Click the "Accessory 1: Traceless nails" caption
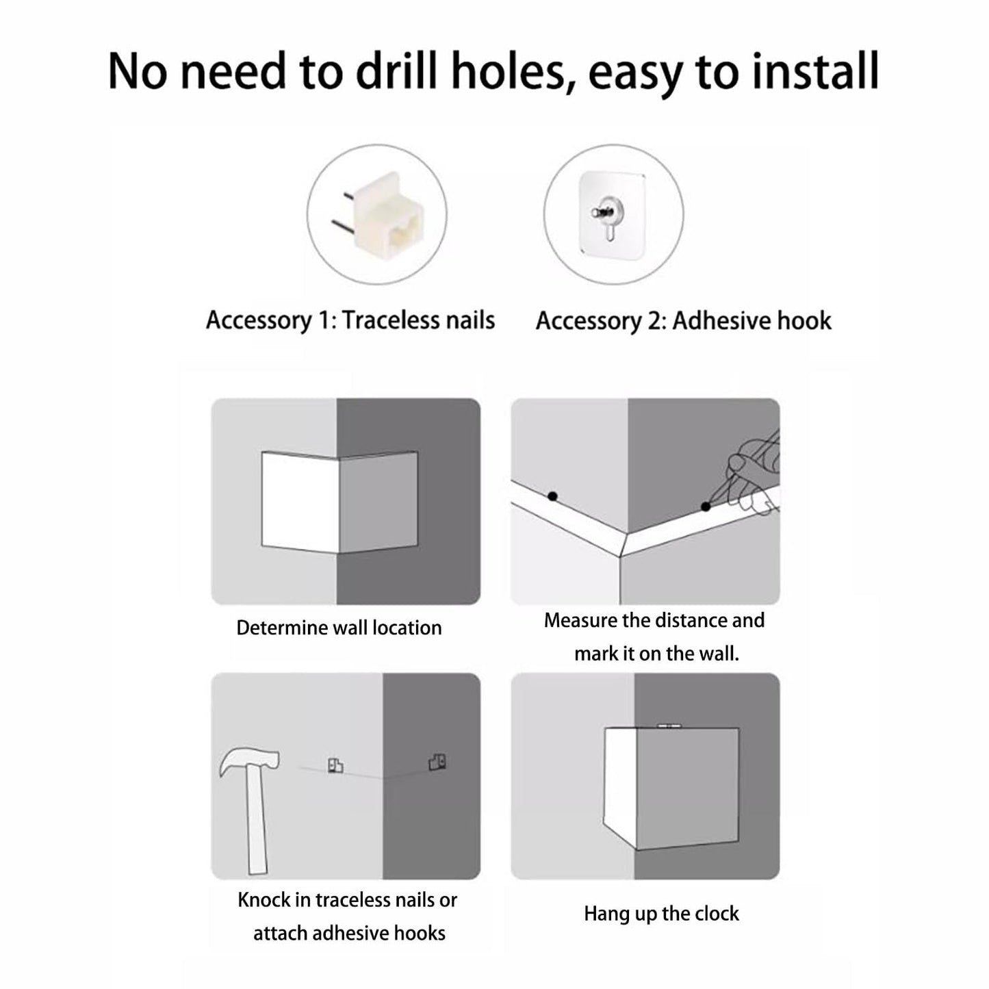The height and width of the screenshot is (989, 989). (x=350, y=321)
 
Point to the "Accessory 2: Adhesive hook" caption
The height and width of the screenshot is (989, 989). (x=684, y=321)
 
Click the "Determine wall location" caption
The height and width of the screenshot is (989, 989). (x=339, y=628)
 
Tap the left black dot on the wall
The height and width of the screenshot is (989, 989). (x=552, y=496)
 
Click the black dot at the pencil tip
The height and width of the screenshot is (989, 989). (x=705, y=506)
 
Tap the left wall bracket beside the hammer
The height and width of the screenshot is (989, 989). (x=335, y=765)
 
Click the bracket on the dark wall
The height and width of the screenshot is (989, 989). (x=437, y=762)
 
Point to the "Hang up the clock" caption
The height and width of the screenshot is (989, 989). (x=661, y=914)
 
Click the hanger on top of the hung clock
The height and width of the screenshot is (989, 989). (x=669, y=726)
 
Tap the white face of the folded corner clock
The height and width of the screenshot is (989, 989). (x=300, y=502)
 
